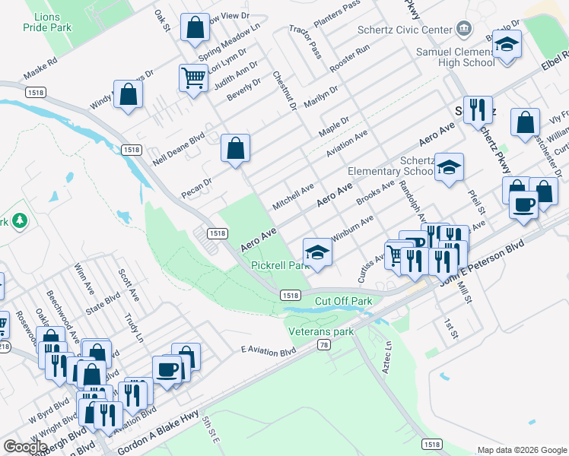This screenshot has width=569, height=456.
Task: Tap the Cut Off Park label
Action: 343,301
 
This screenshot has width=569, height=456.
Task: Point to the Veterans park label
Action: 321,331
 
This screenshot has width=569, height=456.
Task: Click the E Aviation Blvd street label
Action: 267,351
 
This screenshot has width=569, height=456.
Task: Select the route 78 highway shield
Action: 324,345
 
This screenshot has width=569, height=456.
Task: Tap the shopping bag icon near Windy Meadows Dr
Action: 128,95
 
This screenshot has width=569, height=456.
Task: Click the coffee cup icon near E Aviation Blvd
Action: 167,370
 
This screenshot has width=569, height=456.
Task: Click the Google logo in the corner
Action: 25,447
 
